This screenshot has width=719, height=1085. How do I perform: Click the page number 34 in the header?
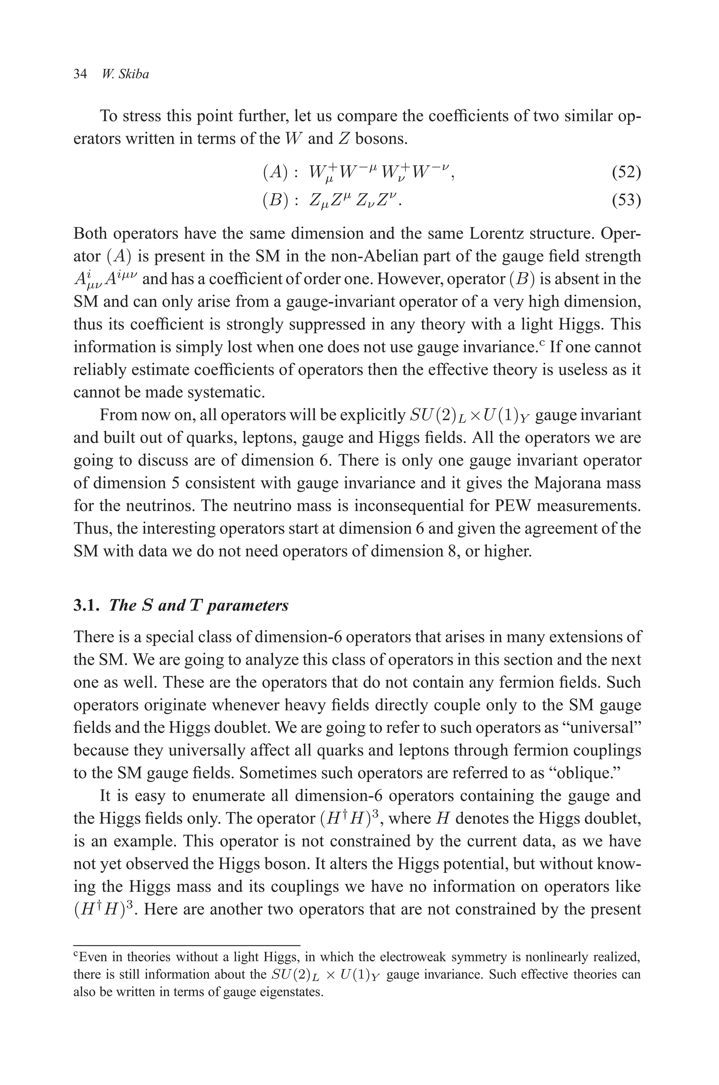80,74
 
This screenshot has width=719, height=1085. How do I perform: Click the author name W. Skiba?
125,74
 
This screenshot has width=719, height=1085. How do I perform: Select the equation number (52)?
626,172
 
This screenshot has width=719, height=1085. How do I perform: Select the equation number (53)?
626,200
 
